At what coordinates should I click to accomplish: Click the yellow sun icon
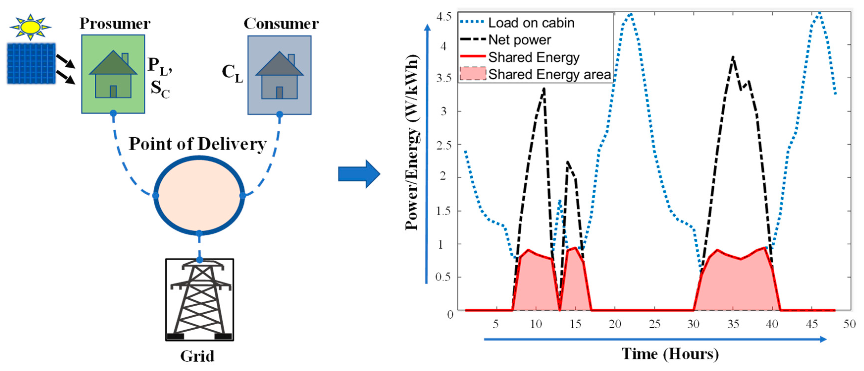[x=30, y=27]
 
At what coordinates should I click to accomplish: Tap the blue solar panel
[x=31, y=63]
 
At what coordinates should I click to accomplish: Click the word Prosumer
[x=115, y=24]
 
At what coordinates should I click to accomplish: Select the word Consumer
[x=281, y=24]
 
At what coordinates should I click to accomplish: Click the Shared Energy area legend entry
[x=549, y=74]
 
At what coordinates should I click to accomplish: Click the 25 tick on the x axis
[x=654, y=324]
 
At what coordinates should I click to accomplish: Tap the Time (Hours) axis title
[x=670, y=354]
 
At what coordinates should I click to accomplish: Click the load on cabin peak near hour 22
[x=631, y=14]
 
